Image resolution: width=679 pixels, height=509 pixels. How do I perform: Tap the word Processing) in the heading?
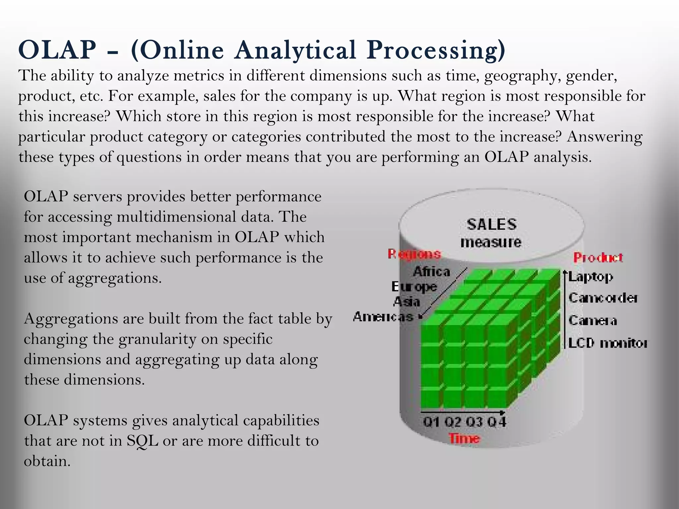click(436, 50)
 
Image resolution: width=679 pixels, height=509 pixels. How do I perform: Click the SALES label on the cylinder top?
click(492, 225)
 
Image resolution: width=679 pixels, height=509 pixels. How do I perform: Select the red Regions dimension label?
click(414, 254)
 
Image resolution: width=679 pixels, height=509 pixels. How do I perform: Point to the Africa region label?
click(431, 272)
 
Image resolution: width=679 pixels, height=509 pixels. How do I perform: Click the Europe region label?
click(414, 287)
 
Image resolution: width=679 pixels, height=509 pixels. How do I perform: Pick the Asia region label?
click(406, 302)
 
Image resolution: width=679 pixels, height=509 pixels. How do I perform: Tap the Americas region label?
click(383, 317)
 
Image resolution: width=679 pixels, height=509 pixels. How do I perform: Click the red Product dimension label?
click(598, 257)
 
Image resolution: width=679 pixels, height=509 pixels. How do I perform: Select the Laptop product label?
click(591, 277)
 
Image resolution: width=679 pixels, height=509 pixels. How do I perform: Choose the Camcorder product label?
click(603, 298)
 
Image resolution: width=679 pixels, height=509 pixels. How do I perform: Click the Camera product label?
click(593, 320)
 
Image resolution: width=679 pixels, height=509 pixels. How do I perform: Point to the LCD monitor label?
click(607, 343)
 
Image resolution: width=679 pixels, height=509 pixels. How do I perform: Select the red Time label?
click(464, 438)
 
